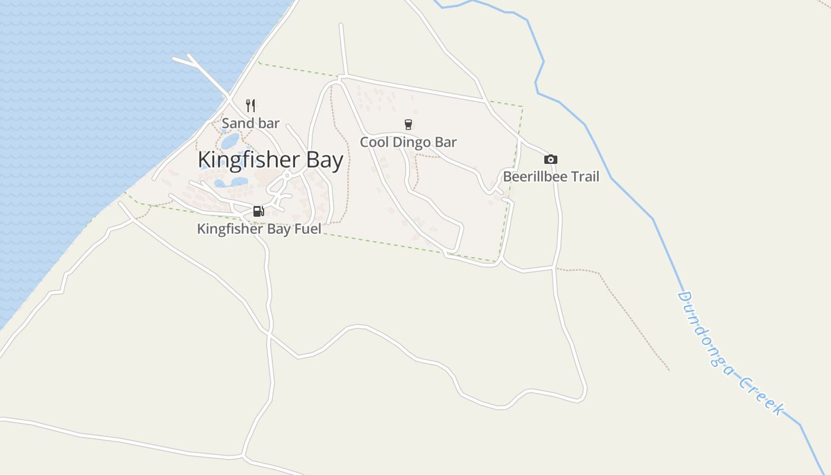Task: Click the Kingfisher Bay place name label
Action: point(270,160)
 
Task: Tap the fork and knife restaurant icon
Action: point(250,106)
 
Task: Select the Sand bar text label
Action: point(250,123)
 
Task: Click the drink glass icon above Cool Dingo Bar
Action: point(408,125)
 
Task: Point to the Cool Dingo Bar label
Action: point(408,142)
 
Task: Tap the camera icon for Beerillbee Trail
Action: point(551,159)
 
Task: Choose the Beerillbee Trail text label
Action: point(551,176)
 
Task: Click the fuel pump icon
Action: point(258,211)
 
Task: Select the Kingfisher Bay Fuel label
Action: point(259,229)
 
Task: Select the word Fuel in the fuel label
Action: point(307,229)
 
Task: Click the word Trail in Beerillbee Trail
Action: point(584,176)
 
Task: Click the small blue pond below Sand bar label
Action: point(230,141)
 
